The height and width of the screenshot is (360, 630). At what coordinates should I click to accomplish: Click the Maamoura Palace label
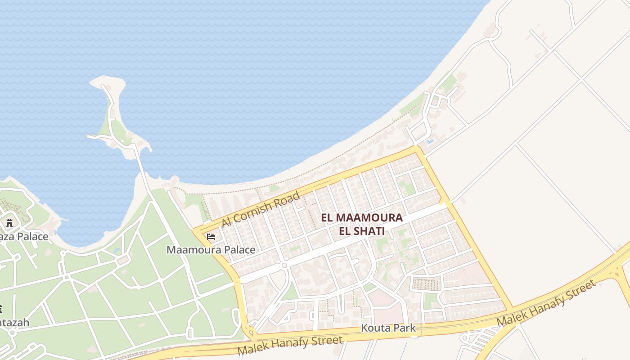click(x=211, y=250)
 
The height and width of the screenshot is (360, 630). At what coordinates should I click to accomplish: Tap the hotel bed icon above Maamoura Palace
click(x=211, y=236)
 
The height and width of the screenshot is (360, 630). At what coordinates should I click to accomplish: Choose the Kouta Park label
click(x=388, y=328)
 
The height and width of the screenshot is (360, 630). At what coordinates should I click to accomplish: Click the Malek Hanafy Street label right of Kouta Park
click(x=546, y=303)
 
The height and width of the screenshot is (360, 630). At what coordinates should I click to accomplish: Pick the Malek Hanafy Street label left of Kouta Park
click(x=290, y=345)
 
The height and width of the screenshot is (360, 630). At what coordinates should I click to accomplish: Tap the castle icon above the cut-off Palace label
click(x=9, y=223)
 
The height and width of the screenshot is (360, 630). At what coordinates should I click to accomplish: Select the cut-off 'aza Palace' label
click(x=24, y=237)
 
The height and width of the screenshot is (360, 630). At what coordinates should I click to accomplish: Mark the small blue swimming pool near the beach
click(x=430, y=141)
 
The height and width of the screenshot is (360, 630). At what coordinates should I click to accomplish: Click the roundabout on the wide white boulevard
click(x=284, y=265)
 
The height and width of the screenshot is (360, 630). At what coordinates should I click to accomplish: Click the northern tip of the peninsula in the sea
click(x=107, y=80)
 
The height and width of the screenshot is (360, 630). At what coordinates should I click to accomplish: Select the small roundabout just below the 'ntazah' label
click(x=12, y=333)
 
